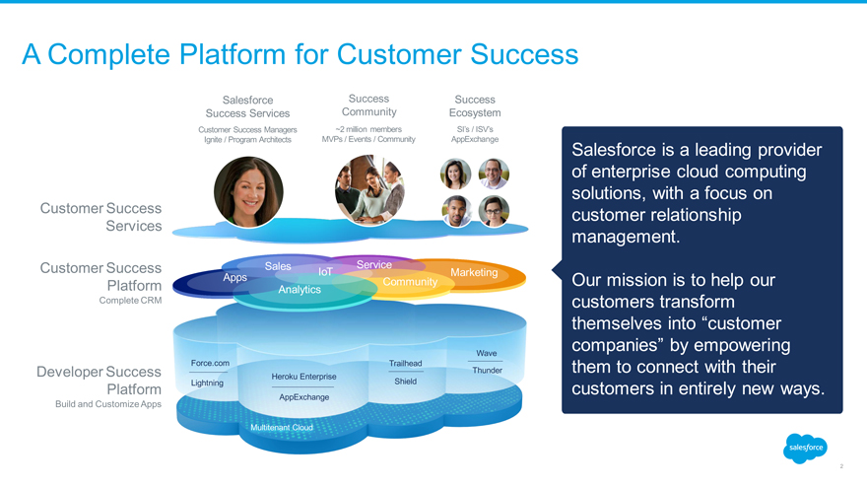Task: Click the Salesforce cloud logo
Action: [x=805, y=448]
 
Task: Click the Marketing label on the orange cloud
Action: [x=473, y=273]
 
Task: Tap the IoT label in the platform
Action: [x=325, y=271]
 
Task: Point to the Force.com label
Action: [x=210, y=363]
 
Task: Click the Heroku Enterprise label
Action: [x=302, y=377]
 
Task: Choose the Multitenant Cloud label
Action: [x=282, y=428]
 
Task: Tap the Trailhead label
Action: [x=405, y=363]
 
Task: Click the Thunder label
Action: [x=488, y=370]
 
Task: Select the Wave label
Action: [x=486, y=353]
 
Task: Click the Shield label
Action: [x=405, y=382]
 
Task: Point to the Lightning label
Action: [x=207, y=383]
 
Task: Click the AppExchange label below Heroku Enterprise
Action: [x=303, y=396]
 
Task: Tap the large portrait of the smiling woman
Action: [x=248, y=191]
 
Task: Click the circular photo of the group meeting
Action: [x=369, y=189]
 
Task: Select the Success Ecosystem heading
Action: [x=475, y=105]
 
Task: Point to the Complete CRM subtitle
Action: [x=131, y=301]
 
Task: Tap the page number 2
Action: [x=841, y=466]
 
